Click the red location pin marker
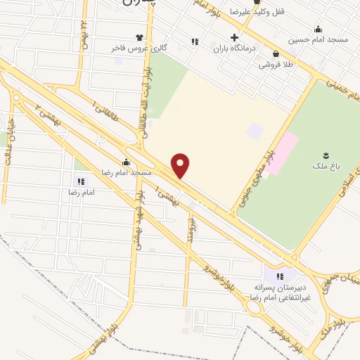181,166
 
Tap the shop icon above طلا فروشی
275,53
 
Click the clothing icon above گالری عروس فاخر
139,37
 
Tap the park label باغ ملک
326,167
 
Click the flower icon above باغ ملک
326,155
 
